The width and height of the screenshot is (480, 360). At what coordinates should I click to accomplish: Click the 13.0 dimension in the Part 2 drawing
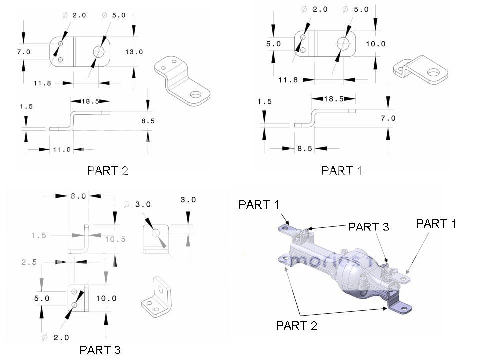[134, 52]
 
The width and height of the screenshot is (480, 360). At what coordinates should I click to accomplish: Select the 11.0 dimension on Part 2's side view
[62, 149]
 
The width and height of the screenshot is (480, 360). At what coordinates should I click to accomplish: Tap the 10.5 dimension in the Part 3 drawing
[115, 239]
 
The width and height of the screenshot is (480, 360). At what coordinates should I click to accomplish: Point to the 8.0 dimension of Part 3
[78, 196]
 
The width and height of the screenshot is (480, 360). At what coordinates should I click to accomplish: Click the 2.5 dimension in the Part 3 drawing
[29, 261]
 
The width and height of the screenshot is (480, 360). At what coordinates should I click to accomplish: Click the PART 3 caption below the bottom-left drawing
[100, 350]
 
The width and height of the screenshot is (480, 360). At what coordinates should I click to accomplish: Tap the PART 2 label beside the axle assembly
[296, 326]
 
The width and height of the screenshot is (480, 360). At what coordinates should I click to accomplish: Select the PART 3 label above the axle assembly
[368, 227]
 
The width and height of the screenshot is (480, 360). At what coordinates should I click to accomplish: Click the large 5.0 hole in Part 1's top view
[343, 43]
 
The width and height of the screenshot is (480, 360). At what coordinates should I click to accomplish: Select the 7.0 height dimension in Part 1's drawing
[388, 118]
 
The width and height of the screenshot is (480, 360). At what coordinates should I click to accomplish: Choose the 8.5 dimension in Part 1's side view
[304, 148]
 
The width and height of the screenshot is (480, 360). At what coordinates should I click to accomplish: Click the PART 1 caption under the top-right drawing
[342, 171]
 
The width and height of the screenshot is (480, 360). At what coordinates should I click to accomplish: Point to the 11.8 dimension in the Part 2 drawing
[42, 83]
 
